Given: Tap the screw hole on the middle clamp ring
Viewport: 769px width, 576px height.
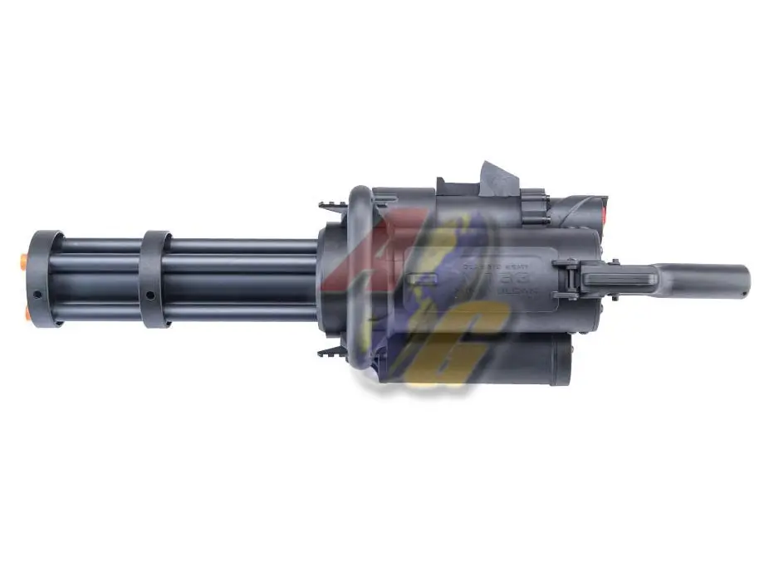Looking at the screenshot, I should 149,295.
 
